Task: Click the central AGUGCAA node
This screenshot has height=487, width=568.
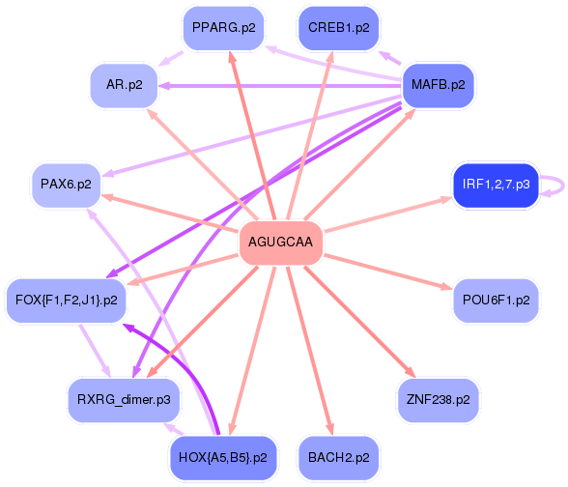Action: click(281, 242)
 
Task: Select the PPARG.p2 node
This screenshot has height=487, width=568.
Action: click(223, 27)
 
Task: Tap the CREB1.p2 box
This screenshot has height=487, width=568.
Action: click(339, 27)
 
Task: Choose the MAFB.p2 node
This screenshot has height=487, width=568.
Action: click(438, 85)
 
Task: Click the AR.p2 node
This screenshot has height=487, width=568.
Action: click(125, 85)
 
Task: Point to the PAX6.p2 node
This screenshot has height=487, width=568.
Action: click(66, 184)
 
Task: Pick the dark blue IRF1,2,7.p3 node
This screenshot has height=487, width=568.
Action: click(496, 184)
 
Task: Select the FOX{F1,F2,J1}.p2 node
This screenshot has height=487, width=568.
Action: click(67, 300)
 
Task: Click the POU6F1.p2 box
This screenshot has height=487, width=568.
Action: click(496, 300)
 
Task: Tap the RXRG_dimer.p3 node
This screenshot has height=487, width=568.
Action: click(124, 400)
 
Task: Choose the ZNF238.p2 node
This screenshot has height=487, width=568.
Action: click(438, 400)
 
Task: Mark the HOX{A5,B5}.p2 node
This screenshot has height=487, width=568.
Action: click(223, 457)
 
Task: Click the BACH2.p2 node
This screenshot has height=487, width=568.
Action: click(339, 457)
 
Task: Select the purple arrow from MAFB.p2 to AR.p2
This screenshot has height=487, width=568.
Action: click(281, 86)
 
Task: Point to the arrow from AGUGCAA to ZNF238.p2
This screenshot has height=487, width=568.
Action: click(359, 322)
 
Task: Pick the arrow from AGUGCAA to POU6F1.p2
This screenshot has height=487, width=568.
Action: click(388, 272)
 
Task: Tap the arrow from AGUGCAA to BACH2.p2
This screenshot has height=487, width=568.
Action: click(310, 351)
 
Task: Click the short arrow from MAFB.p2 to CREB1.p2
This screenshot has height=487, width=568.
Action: click(390, 58)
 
